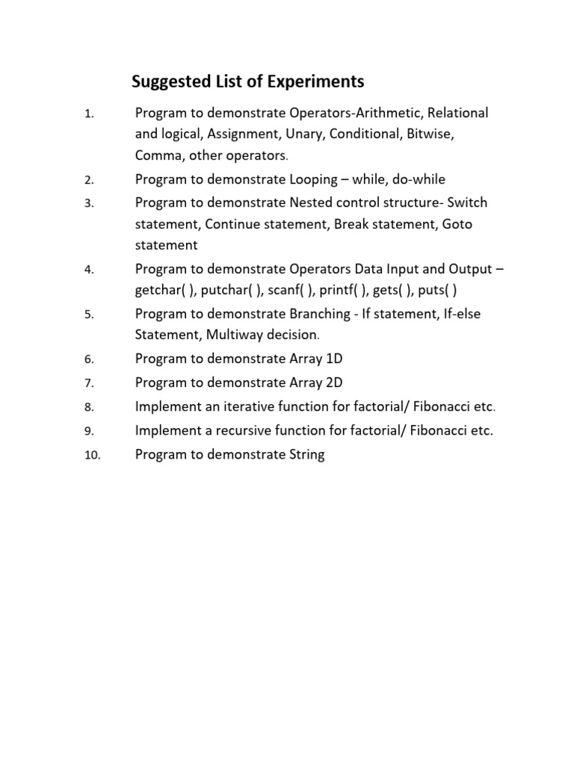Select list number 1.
point(88,114)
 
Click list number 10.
point(92,456)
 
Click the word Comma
point(158,156)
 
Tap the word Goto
point(457,224)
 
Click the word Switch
point(467,202)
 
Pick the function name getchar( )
point(164,291)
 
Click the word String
point(306,455)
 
